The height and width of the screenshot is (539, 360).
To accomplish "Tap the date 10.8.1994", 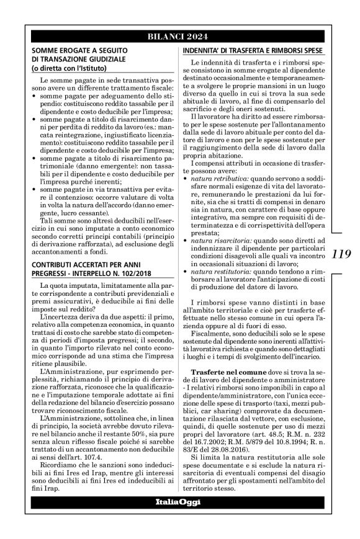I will click(276, 460).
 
